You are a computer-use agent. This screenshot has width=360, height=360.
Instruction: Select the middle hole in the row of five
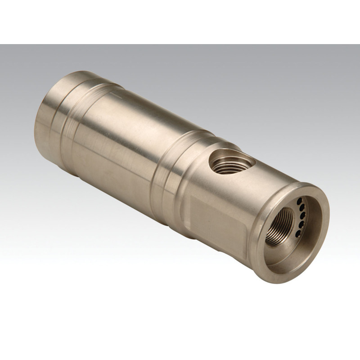[302, 214]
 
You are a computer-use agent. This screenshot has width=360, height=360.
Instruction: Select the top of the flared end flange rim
[310, 185]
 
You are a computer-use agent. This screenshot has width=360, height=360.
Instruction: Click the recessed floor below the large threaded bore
[288, 256]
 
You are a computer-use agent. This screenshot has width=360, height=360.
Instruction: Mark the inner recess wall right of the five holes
[315, 220]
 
